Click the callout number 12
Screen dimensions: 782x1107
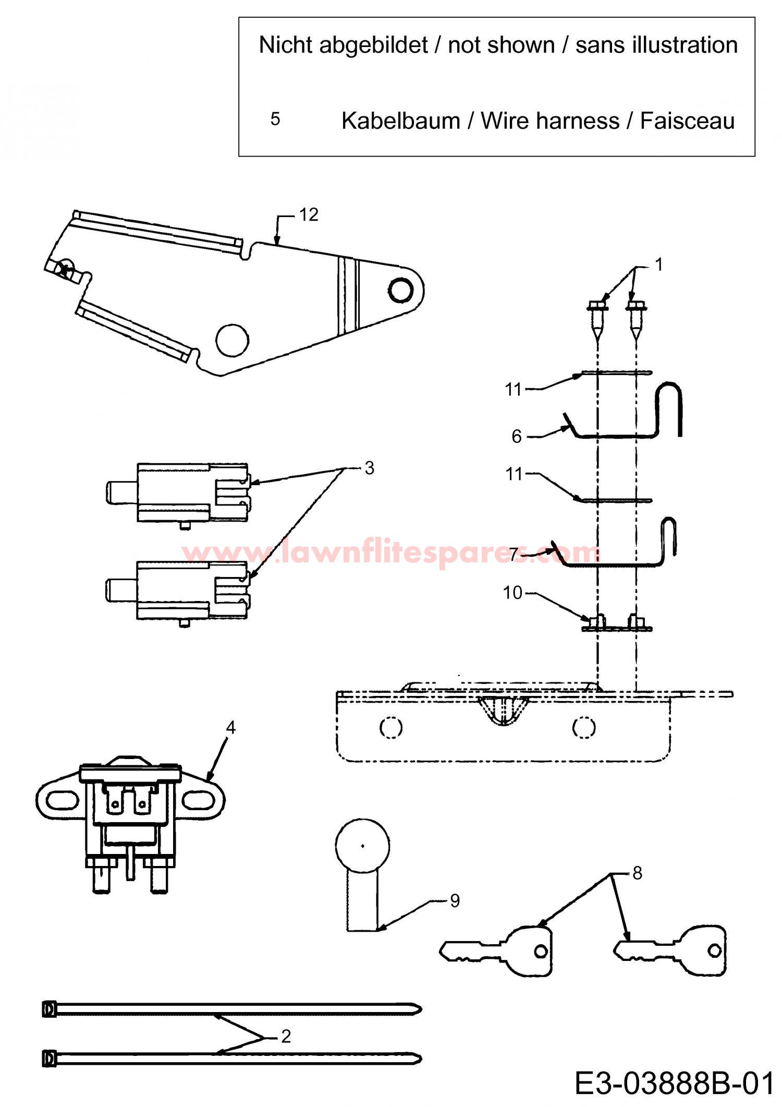(309, 215)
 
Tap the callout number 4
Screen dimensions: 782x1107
(230, 727)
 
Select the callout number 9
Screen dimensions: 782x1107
(455, 901)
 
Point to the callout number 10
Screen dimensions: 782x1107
(512, 593)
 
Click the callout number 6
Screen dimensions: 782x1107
(517, 436)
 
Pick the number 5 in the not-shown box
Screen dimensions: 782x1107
(275, 119)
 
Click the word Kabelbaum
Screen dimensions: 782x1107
(401, 121)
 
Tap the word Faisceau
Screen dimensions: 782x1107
(687, 121)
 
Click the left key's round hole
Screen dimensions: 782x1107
(541, 952)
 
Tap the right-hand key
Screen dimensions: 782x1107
(670, 951)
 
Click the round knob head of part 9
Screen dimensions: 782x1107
(362, 845)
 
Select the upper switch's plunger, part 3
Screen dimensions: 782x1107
(121, 492)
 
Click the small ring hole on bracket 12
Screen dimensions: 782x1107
(400, 290)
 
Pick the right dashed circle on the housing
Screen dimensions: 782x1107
(583, 727)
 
